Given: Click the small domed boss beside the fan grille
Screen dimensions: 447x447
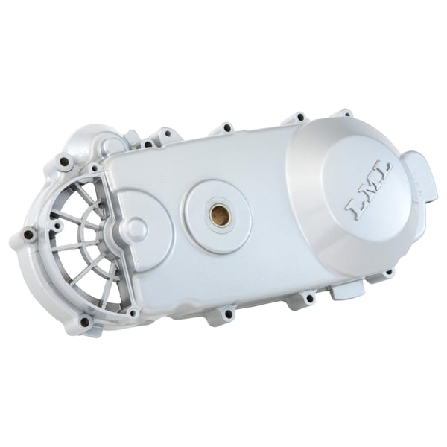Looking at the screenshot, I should (x=136, y=226).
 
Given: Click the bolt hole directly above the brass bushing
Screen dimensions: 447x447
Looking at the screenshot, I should (x=226, y=128).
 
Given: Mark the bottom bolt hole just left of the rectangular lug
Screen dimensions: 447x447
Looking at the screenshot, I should (x=307, y=299).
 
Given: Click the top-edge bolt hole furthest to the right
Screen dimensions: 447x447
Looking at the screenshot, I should (x=343, y=113).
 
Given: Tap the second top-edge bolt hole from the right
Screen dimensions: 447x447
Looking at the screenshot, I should (x=299, y=117).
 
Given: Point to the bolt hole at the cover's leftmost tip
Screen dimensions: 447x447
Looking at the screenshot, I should (x=28, y=235).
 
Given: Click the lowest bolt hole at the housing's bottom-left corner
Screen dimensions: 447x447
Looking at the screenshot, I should (x=84, y=322).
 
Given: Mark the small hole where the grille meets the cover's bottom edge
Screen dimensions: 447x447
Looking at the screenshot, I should (x=133, y=313).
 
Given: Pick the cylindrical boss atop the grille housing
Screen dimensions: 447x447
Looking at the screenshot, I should (x=112, y=143).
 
